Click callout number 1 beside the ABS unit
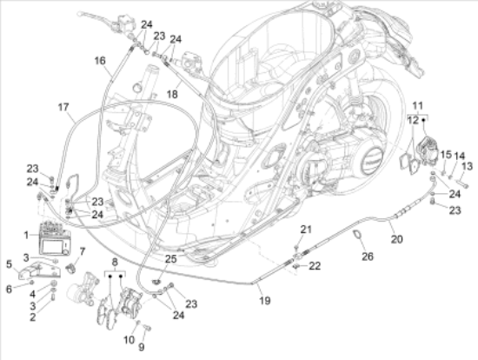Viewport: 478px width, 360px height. tap(26, 236)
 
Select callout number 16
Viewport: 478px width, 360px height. tap(100, 61)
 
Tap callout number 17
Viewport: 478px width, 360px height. tap(63, 107)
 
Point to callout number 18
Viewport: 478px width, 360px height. tap(172, 94)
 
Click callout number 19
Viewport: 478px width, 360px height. tap(265, 301)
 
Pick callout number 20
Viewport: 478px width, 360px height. tap(397, 239)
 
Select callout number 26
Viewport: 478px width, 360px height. tap(368, 257)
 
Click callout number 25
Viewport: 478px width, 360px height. tap(170, 259)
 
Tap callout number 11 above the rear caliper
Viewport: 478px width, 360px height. tap(418, 106)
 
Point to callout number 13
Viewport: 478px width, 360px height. tap(467, 166)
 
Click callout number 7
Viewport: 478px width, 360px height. tap(83, 251)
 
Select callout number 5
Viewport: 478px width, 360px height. tap(10, 264)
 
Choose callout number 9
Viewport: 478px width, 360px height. tap(142, 347)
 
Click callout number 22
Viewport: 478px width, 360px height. tap(315, 266)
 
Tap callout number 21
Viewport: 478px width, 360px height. tap(307, 230)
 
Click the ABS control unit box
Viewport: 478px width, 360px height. tap(55, 239)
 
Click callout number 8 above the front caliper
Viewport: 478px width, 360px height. tap(115, 262)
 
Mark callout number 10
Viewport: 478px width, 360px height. tap(129, 339)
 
